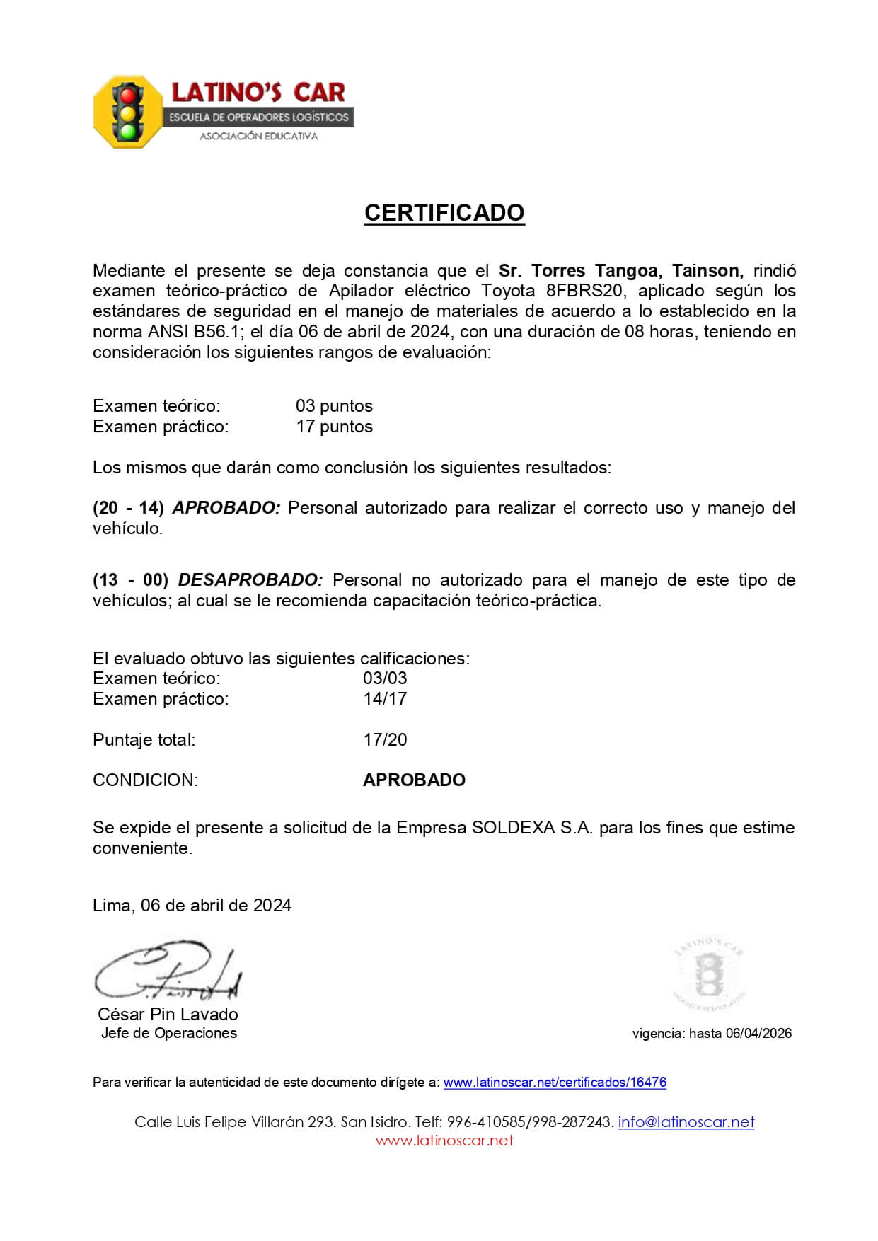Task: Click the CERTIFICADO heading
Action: (x=444, y=213)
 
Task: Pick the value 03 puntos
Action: (x=334, y=406)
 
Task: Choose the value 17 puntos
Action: (x=334, y=427)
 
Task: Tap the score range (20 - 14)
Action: (x=128, y=508)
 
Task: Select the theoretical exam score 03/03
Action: (x=385, y=679)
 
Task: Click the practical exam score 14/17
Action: (x=385, y=699)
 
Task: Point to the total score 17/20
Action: (x=385, y=740)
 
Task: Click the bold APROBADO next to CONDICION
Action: (x=414, y=780)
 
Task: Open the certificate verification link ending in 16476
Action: (x=555, y=1083)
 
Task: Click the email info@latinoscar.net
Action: (x=686, y=1122)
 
